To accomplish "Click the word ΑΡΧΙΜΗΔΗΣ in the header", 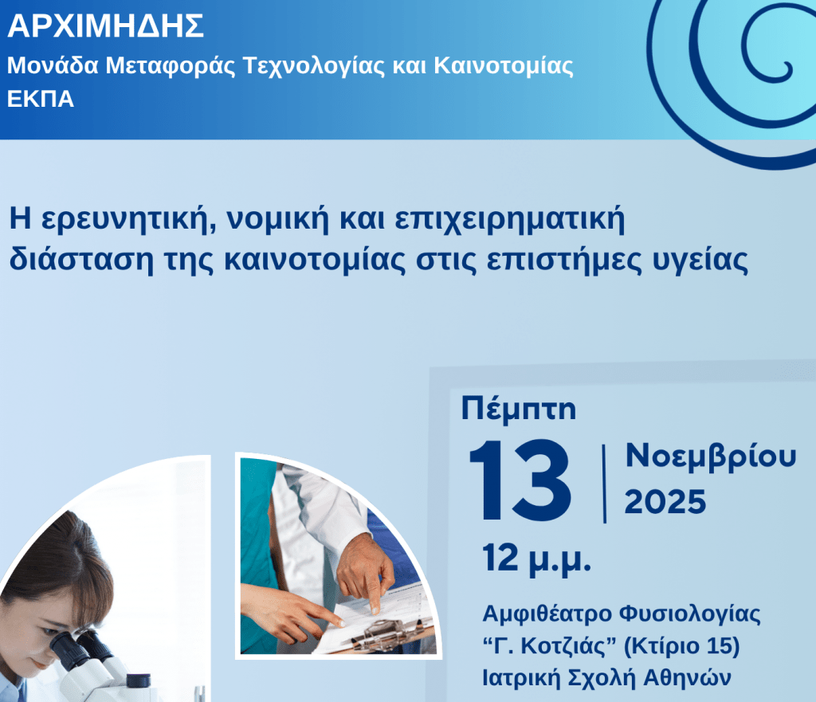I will point(105,27).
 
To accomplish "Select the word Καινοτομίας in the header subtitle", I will point(503,65).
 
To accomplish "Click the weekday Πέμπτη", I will point(519,409).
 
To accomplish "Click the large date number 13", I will point(519,480).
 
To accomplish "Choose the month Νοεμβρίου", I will point(710,457).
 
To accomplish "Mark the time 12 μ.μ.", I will point(535,559).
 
